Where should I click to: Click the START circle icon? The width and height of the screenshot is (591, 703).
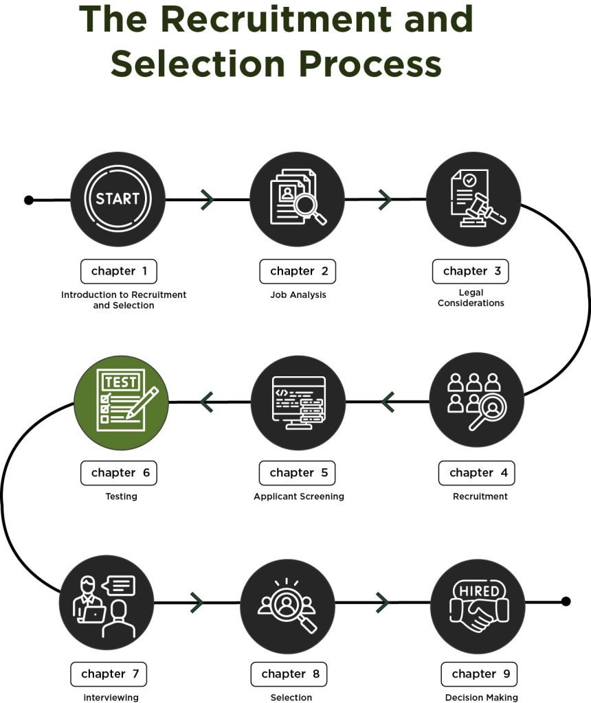coord(118,199)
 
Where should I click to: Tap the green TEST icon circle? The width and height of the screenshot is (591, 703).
coord(121,402)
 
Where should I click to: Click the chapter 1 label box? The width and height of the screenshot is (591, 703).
coord(119,271)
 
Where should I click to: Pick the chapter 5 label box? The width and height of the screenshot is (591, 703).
coord(297,473)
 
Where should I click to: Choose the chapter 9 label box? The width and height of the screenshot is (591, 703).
coord(479,674)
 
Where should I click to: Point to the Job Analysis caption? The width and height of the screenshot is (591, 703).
coord(298,295)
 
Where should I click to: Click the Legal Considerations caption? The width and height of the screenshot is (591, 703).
coord(471,298)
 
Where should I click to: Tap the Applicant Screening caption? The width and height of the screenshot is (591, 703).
coord(299,496)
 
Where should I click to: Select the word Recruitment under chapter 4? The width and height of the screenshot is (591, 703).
coord(480,496)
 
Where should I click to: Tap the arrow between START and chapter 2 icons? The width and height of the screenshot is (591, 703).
coord(208,200)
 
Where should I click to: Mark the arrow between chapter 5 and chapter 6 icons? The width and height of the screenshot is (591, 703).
coord(207,402)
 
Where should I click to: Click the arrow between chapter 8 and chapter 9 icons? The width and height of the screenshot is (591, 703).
coord(382,602)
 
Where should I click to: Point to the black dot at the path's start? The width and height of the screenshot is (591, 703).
coord(29,200)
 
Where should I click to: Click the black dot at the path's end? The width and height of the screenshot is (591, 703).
coord(566,601)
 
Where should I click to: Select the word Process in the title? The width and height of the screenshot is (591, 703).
coord(370,64)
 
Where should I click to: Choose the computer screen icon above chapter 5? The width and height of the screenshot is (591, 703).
coord(298,402)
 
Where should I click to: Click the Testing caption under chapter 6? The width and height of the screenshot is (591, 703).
coord(121,496)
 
